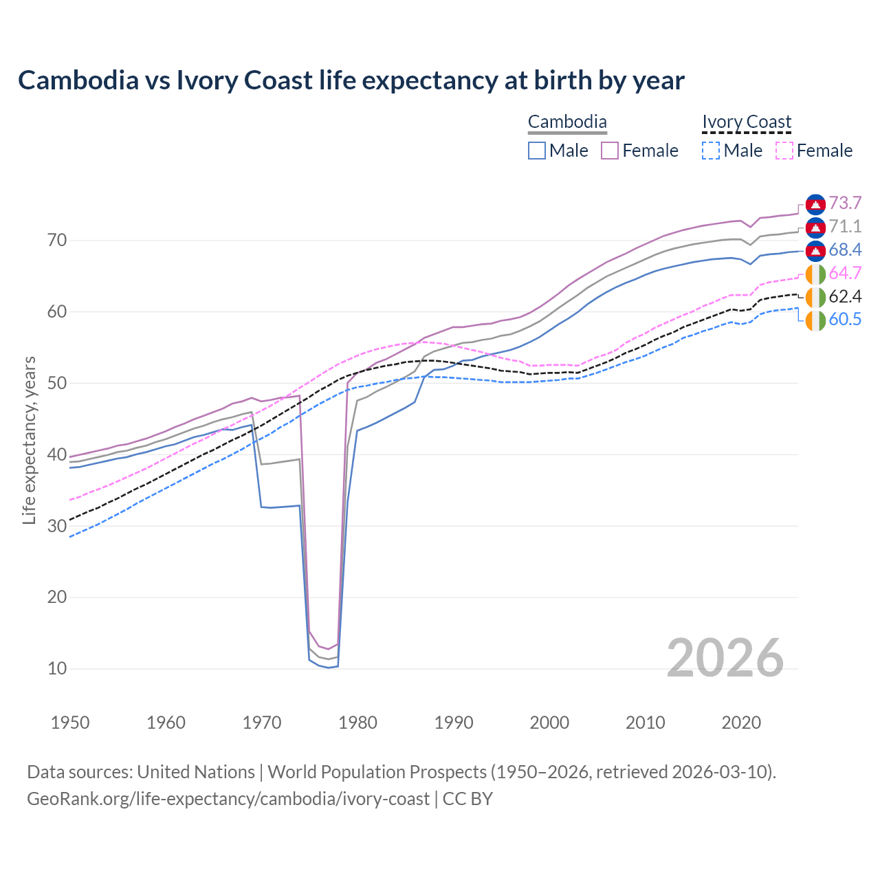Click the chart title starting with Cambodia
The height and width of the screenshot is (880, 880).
coord(351,80)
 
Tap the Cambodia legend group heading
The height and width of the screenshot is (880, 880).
coord(567,122)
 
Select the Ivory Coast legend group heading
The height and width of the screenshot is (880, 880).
coord(747,122)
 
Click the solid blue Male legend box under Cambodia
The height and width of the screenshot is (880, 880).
coord(537,151)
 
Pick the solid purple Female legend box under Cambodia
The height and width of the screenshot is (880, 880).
coord(610,151)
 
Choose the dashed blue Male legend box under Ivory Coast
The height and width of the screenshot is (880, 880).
coord(711,151)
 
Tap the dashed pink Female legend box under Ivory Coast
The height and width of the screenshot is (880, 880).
coord(784,151)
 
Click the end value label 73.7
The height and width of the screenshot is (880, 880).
coord(845,203)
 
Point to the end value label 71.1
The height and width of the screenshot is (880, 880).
coord(845,227)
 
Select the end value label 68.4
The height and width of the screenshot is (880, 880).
coord(845,250)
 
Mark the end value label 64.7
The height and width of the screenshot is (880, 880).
coord(845,274)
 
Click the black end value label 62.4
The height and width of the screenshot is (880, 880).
coord(845,297)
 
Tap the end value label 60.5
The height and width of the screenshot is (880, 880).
coord(845,320)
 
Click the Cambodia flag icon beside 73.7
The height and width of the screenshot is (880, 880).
coord(815,204)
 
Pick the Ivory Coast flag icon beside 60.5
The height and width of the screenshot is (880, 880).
coord(815,320)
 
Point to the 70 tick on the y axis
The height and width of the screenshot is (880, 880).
coord(57,241)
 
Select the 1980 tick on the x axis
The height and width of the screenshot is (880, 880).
coord(358,723)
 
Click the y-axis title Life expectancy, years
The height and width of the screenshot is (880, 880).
coord(30,440)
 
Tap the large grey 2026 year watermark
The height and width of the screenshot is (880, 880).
coord(725,658)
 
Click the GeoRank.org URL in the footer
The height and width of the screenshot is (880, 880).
coord(228,799)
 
